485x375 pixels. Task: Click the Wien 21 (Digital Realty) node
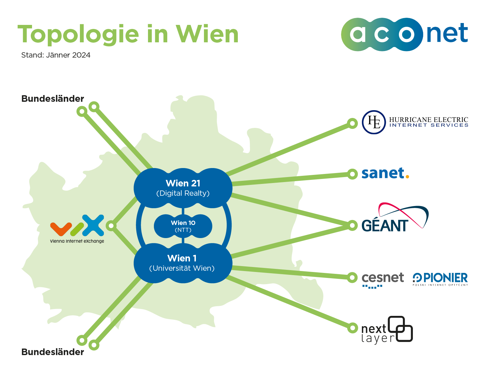coord(183,188)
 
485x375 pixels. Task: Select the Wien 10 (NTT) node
coord(183,226)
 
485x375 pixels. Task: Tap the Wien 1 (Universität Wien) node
coord(183,263)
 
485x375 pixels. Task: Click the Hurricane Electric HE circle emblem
coord(374,122)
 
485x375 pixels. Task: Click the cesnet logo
coord(383,279)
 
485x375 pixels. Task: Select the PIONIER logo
coord(440,279)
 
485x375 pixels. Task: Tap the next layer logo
coord(387,330)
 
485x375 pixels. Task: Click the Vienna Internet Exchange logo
coord(77,229)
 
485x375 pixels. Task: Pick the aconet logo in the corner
coord(404,34)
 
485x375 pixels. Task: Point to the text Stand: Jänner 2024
coord(56,55)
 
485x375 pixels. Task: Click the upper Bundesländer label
coord(53,99)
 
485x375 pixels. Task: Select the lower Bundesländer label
coord(53,352)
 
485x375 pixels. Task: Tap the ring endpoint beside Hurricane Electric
coord(352,123)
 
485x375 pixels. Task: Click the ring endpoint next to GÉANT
coord(352,225)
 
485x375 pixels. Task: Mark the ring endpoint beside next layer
coord(352,328)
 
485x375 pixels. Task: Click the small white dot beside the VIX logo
coord(111,226)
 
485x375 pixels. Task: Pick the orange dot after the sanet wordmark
coord(407,177)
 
